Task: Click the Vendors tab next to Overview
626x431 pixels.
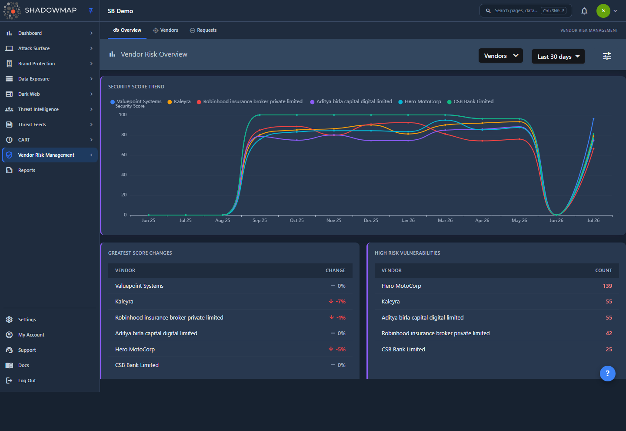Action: click(x=166, y=30)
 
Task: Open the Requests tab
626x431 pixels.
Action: click(x=203, y=30)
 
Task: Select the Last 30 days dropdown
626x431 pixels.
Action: click(x=558, y=57)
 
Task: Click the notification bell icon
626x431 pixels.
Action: click(x=584, y=11)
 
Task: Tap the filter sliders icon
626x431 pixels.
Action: click(x=607, y=56)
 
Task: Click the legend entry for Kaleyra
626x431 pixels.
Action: click(x=179, y=101)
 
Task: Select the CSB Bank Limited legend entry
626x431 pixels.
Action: click(x=470, y=101)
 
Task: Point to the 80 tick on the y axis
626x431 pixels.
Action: click(x=124, y=135)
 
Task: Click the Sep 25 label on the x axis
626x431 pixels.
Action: click(x=260, y=221)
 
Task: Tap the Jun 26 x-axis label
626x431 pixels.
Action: click(x=556, y=221)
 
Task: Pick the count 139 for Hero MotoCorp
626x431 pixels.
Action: click(x=607, y=286)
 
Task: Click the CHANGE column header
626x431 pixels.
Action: click(x=335, y=270)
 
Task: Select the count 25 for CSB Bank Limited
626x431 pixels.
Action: click(x=609, y=349)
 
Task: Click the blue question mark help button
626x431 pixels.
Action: click(x=608, y=374)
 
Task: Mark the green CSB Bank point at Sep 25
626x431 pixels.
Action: click(x=260, y=115)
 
